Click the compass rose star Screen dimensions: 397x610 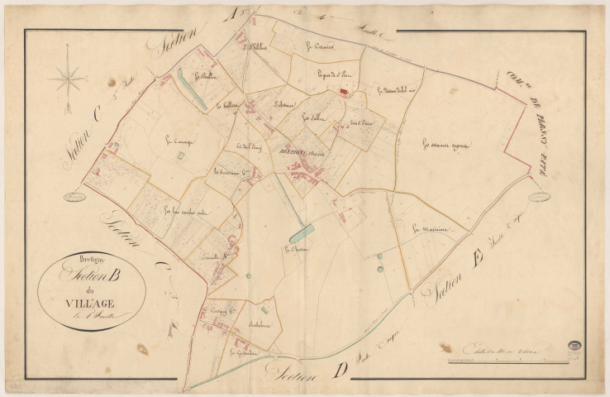tap(67, 79)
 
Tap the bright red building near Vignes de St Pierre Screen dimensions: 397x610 tap(344, 93)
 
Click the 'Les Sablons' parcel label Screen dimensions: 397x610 tap(313, 117)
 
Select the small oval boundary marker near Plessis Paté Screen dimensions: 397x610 tap(539, 196)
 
